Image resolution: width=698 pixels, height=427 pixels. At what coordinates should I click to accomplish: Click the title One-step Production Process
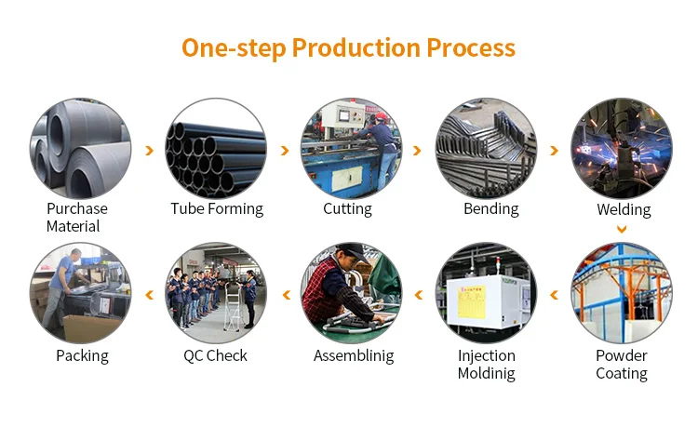coord(348,47)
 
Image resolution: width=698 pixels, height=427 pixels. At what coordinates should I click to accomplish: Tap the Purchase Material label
coord(77,217)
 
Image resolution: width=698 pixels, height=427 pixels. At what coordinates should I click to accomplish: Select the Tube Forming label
coord(217,208)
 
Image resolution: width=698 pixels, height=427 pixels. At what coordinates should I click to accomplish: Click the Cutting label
coord(347,208)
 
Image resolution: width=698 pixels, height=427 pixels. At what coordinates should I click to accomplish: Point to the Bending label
coord(490,208)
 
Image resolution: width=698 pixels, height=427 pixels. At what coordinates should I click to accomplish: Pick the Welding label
coord(623,209)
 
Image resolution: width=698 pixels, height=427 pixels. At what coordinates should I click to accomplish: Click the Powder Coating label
coord(622,364)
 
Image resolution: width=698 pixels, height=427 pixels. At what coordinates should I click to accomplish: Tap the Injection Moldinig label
coord(486,364)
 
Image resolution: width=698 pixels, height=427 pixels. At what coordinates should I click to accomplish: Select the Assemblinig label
coord(354,355)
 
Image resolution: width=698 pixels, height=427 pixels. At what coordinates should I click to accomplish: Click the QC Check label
coord(214,355)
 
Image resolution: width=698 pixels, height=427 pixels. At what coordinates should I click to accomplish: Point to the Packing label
coord(82,355)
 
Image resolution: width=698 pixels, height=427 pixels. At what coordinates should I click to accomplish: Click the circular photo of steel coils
coord(77,148)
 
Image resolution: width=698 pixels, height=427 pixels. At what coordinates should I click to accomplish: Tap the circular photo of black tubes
coord(215,148)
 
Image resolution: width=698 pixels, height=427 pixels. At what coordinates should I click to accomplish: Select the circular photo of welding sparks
coord(621,148)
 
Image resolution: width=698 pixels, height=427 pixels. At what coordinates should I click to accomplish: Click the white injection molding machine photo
coord(486,293)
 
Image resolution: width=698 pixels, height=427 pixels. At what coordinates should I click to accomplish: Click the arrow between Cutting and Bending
coord(417,150)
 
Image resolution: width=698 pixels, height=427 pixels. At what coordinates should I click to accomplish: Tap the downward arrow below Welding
coord(622,229)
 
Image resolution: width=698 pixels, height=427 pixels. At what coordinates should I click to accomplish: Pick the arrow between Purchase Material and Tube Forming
coord(147,150)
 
